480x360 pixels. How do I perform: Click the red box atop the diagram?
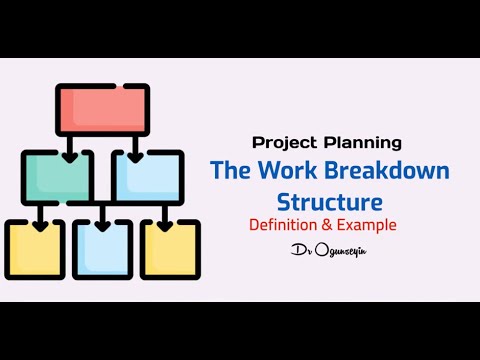coord(102,109)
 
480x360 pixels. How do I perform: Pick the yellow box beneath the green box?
coord(35,248)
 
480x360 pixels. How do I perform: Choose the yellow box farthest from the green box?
coord(169,248)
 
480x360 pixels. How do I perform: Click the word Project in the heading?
coord(282,142)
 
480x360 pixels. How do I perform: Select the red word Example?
coord(370,224)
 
